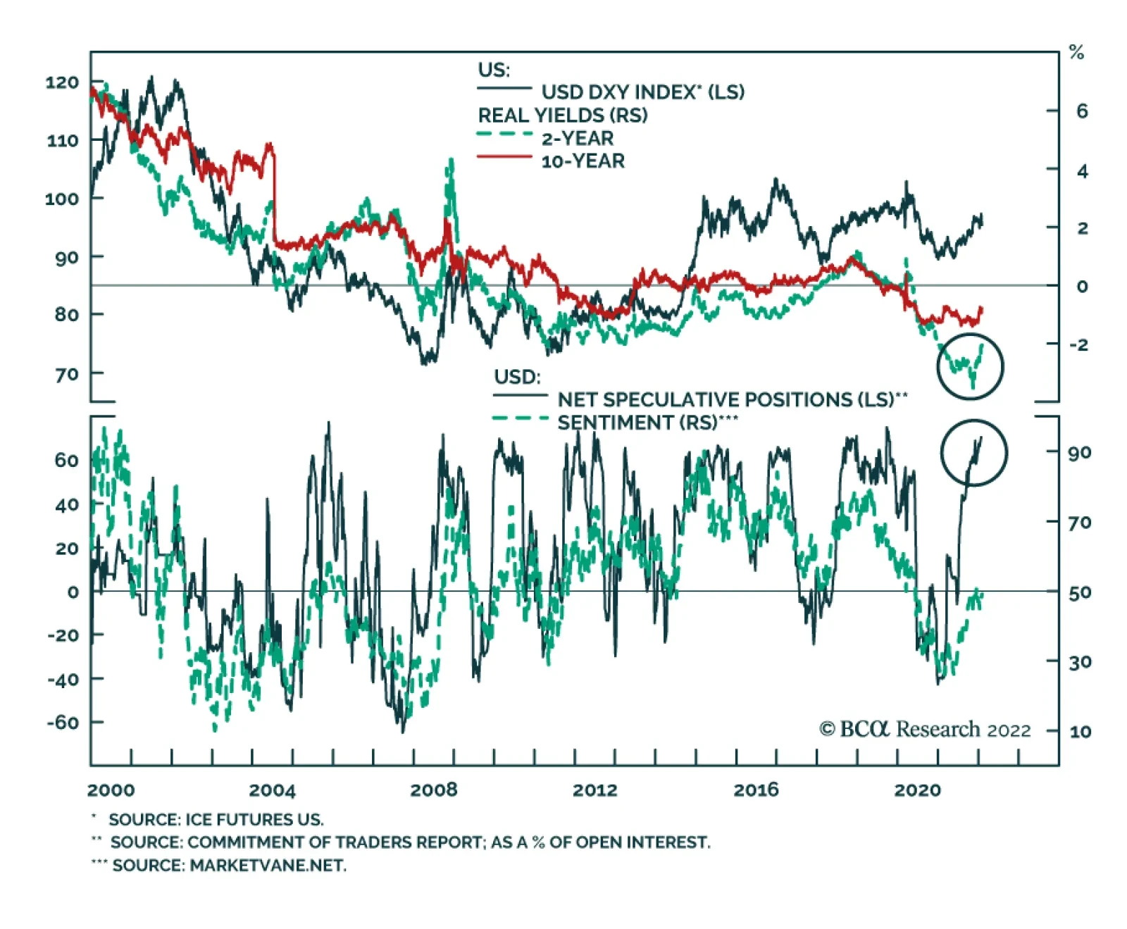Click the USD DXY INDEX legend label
pos(642,92)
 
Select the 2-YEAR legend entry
pos(577,138)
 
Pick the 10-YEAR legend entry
pos(583,161)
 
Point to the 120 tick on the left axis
pos(62,82)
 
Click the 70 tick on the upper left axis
pos(66,374)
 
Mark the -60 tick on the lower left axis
pos(63,723)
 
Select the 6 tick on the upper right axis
pos(1081,111)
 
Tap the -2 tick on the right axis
pos(1078,344)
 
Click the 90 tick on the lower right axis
pos(1079,452)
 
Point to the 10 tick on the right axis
pos(1080,732)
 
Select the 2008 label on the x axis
pos(433,790)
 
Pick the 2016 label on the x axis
pos(756,790)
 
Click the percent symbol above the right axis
pos(1076,52)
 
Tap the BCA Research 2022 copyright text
pos(925,730)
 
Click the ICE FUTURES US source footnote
pos(216,820)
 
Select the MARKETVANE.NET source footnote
pos(229,866)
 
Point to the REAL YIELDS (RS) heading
pos(562,116)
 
